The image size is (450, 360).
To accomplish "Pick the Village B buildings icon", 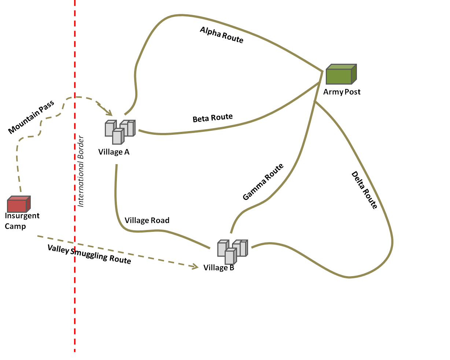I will point(232,251).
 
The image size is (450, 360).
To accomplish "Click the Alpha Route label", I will point(221,35).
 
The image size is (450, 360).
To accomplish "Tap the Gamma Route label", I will point(263,182).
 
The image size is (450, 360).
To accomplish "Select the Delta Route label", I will point(364,190).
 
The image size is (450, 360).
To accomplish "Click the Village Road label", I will point(147,220).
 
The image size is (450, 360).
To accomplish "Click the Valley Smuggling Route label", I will point(89,254).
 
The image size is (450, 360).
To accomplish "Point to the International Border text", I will point(81,171).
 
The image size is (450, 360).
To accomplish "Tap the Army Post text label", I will point(342,92).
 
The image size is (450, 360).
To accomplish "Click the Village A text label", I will point(114,152).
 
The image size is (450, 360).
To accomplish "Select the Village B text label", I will point(219,268).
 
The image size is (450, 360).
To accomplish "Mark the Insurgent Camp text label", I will point(22,221).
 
